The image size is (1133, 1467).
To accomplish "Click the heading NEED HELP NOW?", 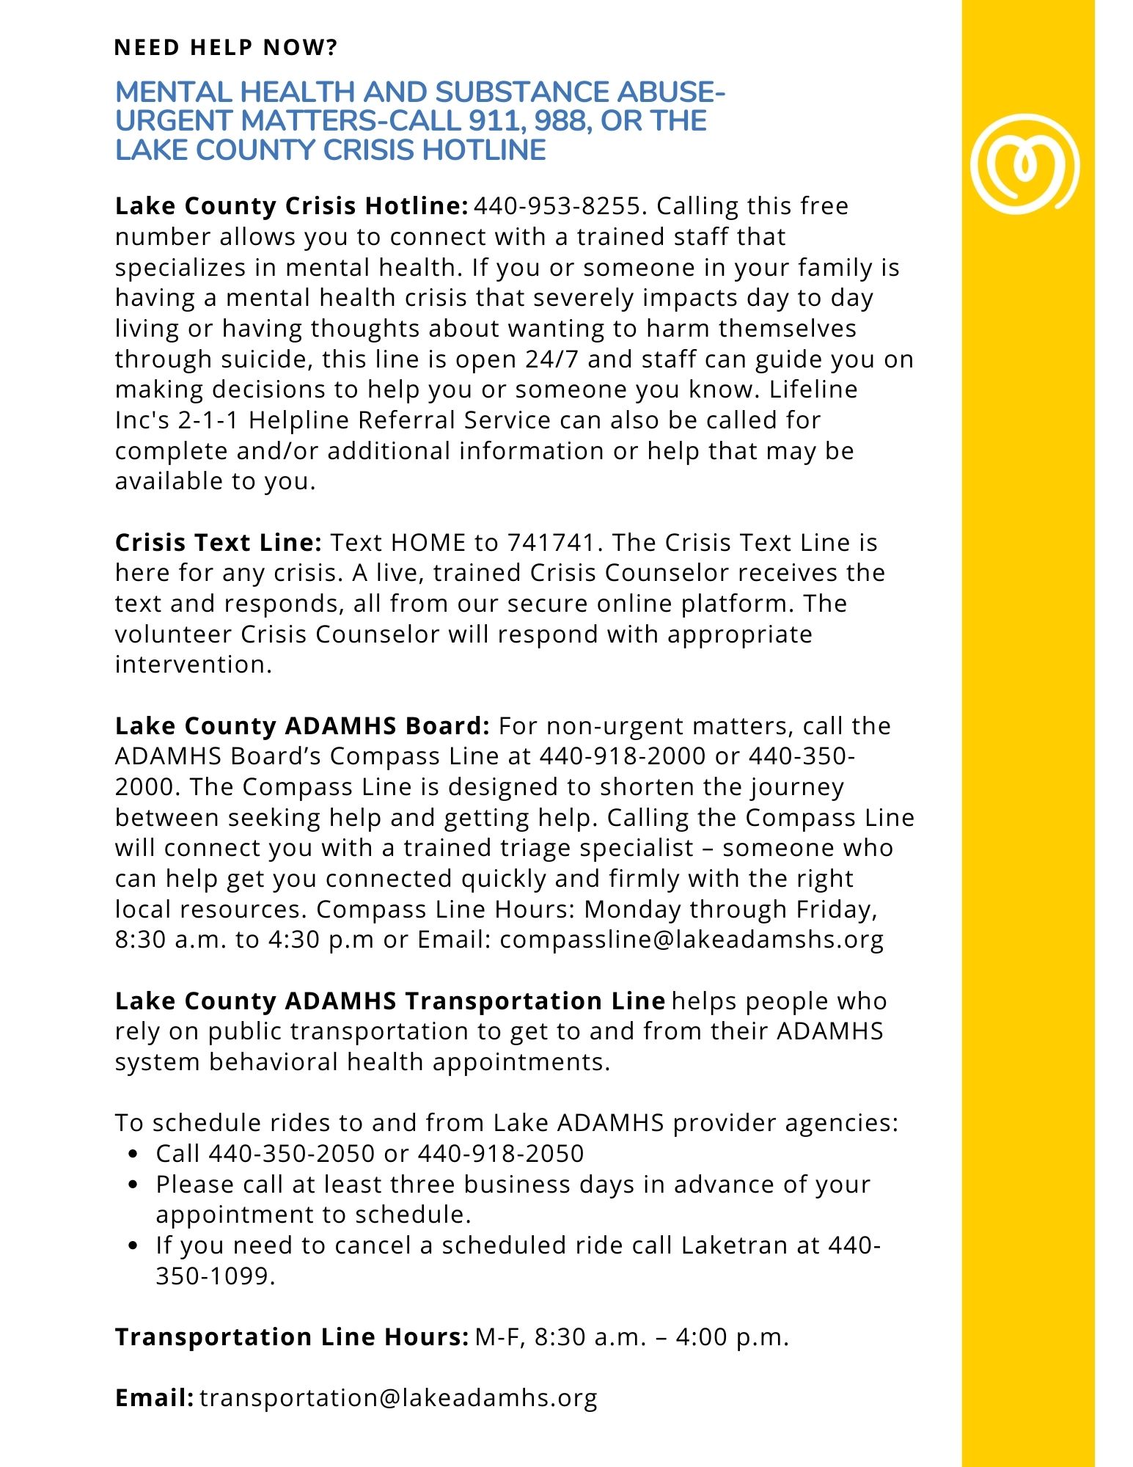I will point(226,48).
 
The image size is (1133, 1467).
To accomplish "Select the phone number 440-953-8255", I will point(557,206).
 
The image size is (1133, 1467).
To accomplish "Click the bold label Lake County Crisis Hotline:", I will point(291,206).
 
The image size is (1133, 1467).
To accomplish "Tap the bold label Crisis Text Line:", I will point(218,543).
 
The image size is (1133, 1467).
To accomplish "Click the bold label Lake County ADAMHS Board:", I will point(301,726).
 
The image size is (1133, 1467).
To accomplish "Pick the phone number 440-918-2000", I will point(623,756).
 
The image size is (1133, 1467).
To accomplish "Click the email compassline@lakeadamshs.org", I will point(692,940).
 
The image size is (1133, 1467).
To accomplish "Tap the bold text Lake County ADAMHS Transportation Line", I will point(389,1001).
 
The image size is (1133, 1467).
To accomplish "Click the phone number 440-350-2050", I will point(292,1154).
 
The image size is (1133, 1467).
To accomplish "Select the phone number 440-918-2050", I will point(501,1154).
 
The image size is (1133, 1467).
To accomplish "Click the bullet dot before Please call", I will point(133,1185).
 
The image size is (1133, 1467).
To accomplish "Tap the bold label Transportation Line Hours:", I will point(291,1337).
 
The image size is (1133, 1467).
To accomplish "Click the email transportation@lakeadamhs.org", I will point(398,1398).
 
